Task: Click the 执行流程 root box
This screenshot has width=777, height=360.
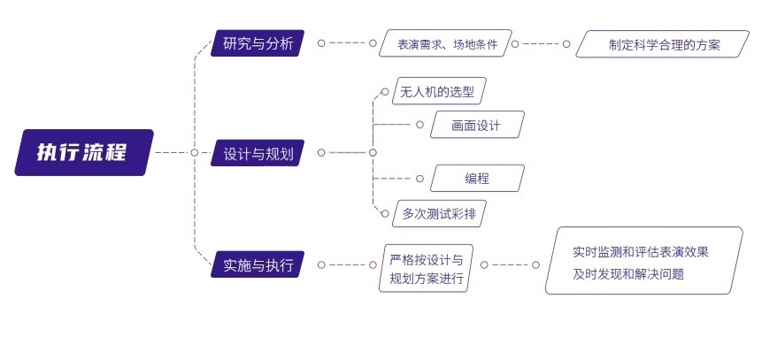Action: pyautogui.click(x=84, y=152)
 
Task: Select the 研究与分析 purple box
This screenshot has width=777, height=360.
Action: pyautogui.click(x=258, y=42)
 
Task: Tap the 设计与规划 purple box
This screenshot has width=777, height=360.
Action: pyautogui.click(x=258, y=153)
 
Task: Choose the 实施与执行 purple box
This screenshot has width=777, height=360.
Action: pyautogui.click(x=258, y=264)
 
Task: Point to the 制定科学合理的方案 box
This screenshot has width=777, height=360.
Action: pyautogui.click(x=664, y=43)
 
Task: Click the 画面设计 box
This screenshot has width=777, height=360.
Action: pyautogui.click(x=477, y=125)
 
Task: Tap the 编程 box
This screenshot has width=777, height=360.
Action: pyautogui.click(x=477, y=178)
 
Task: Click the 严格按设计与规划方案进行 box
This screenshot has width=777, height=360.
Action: pyautogui.click(x=427, y=269)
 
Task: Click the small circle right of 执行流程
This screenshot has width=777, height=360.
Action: pyautogui.click(x=194, y=152)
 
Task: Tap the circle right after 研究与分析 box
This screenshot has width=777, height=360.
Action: pyautogui.click(x=321, y=42)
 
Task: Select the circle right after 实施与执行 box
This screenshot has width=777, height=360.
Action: pyautogui.click(x=321, y=264)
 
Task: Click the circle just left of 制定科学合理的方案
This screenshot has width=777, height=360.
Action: pyautogui.click(x=567, y=42)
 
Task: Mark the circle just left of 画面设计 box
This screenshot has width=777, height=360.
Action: pyautogui.click(x=419, y=125)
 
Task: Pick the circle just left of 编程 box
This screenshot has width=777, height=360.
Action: pyautogui.click(x=419, y=178)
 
